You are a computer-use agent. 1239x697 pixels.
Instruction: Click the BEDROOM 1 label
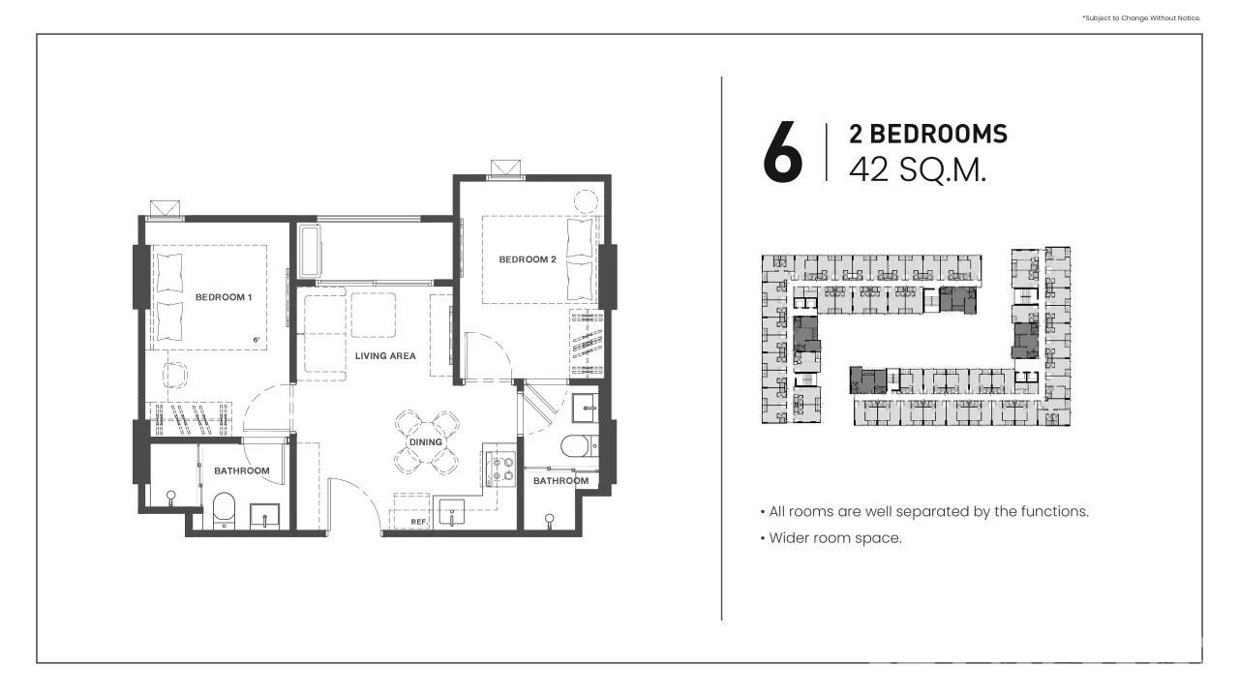click(x=224, y=297)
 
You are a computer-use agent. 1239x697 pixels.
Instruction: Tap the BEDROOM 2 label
click(x=528, y=259)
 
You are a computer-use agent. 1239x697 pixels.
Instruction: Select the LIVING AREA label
click(x=385, y=356)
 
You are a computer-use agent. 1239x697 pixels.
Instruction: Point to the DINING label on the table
click(x=425, y=442)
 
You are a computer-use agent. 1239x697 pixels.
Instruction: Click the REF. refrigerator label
click(x=419, y=522)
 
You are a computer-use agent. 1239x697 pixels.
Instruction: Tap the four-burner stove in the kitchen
click(x=500, y=469)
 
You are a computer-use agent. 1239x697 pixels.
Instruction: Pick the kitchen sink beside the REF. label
click(x=451, y=512)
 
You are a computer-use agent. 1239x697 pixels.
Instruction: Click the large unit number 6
click(x=783, y=152)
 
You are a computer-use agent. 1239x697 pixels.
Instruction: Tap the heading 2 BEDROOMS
click(x=928, y=134)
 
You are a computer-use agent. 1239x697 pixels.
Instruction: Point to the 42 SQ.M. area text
click(x=918, y=169)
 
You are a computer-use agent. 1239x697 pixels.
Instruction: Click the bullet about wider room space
click(x=831, y=538)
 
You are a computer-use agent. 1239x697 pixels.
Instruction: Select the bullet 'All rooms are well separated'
click(x=924, y=512)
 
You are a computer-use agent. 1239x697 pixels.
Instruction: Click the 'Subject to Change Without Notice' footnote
click(x=1141, y=18)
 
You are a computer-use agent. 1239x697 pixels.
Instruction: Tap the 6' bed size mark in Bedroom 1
click(x=257, y=340)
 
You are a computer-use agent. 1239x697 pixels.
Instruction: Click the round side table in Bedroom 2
click(x=586, y=201)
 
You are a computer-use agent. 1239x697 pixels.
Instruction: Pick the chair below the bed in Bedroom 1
click(x=175, y=375)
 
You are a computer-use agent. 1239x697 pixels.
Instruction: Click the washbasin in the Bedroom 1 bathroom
click(x=265, y=516)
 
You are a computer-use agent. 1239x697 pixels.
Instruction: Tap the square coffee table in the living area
click(x=373, y=315)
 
